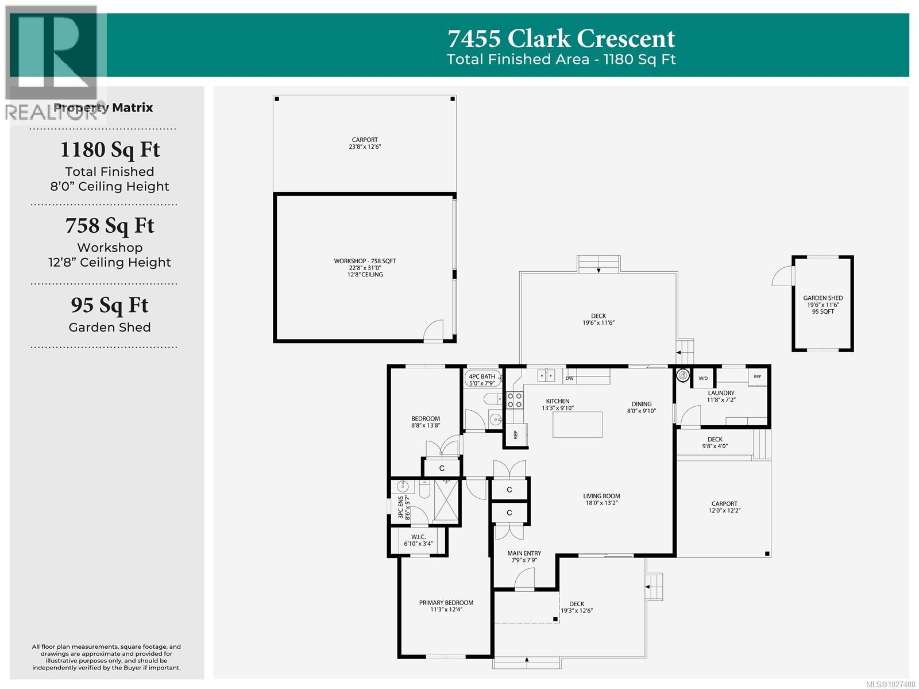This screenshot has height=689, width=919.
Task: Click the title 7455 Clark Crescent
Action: point(561,39)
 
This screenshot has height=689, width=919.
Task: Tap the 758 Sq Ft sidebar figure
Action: point(110,226)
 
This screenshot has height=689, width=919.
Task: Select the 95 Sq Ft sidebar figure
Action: point(110,305)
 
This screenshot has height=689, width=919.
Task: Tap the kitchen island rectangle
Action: point(577,425)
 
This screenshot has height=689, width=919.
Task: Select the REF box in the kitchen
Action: point(515,434)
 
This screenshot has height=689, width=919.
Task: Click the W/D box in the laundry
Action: point(703,378)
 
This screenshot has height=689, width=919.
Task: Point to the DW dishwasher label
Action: point(569,378)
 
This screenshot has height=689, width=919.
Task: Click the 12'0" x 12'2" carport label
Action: point(724,507)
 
